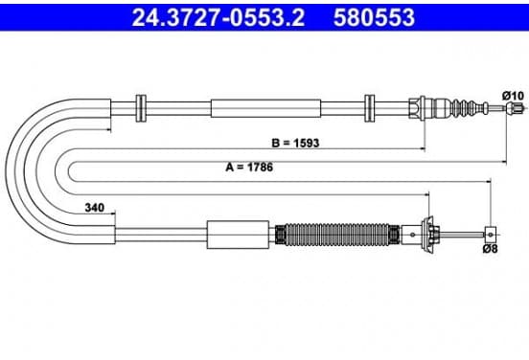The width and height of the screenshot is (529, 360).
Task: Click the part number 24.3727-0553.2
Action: click(218, 17)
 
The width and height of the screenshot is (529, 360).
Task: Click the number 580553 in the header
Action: click(374, 17)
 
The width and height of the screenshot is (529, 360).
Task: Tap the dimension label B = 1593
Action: click(295, 143)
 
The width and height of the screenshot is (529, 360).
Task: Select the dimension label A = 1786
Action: click(249, 167)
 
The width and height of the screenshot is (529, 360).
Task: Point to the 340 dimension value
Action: click(95, 208)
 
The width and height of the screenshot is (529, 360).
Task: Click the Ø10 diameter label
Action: click(513, 96)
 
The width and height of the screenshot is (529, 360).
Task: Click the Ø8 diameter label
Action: click(491, 249)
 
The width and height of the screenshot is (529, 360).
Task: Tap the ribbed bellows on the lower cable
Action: click(337, 235)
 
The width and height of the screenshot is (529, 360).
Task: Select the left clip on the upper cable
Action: click(141, 108)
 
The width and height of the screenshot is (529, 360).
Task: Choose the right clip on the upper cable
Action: click(370, 108)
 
